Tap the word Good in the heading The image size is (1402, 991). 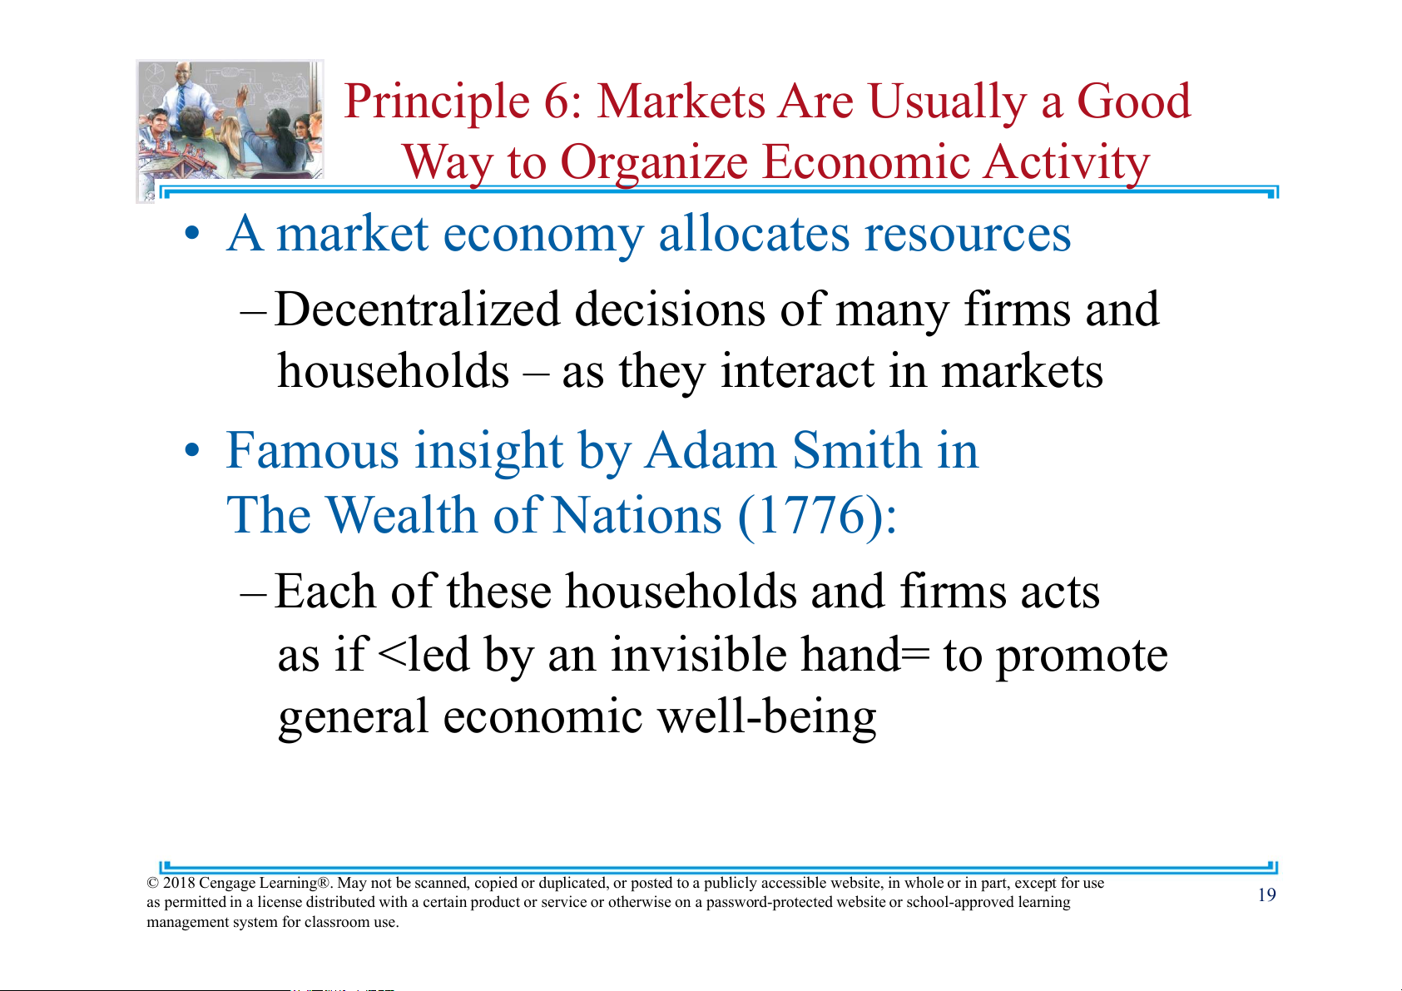point(1133,102)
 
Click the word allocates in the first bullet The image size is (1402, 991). point(753,234)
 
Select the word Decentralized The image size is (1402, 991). point(417,310)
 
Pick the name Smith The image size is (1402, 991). point(856,450)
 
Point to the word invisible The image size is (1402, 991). point(698,655)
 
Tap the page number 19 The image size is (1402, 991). point(1267,895)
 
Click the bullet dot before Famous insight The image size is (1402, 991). point(192,450)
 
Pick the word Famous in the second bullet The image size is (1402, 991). point(312,450)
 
